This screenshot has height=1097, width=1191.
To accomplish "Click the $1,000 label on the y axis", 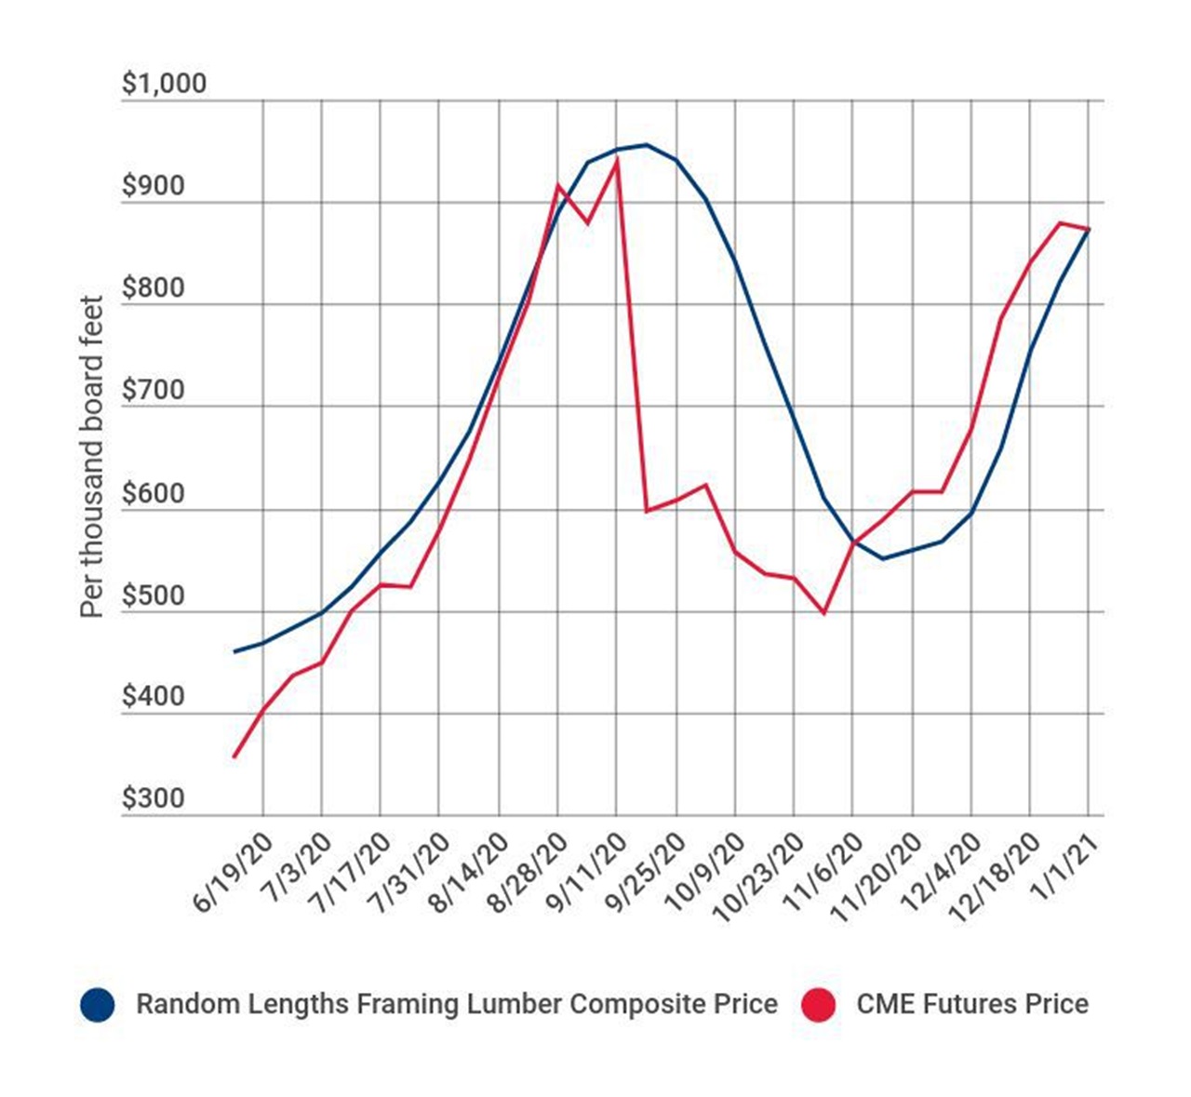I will click(164, 84).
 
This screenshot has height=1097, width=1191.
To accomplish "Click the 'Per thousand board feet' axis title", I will click(91, 456).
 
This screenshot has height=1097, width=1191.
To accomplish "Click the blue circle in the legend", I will click(97, 1005).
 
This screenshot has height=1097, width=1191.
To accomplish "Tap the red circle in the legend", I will click(818, 1005).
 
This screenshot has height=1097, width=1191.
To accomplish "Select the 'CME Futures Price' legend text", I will click(972, 1005).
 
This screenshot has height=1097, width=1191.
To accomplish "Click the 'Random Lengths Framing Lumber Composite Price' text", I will click(456, 1005).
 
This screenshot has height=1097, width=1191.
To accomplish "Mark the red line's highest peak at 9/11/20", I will click(616, 161).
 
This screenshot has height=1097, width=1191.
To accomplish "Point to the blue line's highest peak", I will click(646, 144).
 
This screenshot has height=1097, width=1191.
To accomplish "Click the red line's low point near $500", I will click(823, 613).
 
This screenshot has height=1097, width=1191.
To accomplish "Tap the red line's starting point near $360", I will click(234, 756).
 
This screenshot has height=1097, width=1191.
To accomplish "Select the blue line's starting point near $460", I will click(234, 651).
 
